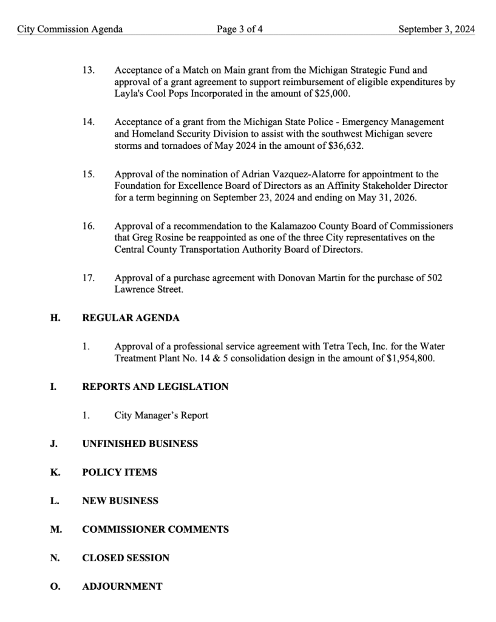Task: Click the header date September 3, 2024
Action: coord(437,29)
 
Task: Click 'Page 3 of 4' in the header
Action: coord(240,29)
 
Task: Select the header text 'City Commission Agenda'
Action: coord(70,29)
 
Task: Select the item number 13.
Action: coord(88,71)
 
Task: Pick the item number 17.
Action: coord(88,278)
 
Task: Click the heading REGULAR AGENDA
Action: coord(131,318)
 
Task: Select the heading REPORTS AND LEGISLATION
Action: coord(155,386)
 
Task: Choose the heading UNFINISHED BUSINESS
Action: coord(140,444)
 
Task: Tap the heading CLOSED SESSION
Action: coord(126,558)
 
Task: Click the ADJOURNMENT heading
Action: coord(122,587)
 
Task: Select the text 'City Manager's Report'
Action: coord(161,415)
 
